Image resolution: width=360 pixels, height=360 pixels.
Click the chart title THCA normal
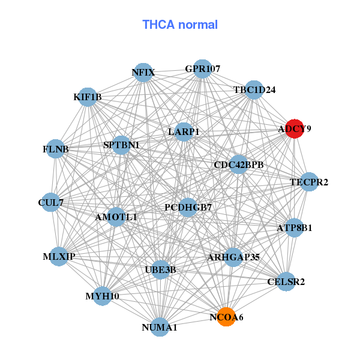(x=180, y=25)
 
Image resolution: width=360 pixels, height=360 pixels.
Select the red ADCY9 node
(x=294, y=128)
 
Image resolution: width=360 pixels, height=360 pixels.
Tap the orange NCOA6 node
(x=226, y=317)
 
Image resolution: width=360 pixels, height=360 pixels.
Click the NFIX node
(x=143, y=73)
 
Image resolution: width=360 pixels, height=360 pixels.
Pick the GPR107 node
(x=203, y=69)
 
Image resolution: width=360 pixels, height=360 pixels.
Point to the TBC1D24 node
(x=254, y=90)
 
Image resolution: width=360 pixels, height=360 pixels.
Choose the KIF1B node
(x=88, y=97)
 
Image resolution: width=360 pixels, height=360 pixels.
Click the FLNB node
(x=56, y=149)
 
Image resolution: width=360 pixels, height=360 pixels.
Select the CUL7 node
(x=50, y=202)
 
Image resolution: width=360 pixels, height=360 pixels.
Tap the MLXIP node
(x=59, y=256)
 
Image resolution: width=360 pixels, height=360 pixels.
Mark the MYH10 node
(x=102, y=296)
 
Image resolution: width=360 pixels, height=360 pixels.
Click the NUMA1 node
(x=160, y=327)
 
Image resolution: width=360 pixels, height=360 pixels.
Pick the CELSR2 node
(x=286, y=281)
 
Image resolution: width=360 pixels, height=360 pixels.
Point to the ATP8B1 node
(x=294, y=228)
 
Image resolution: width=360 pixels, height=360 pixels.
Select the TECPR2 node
(x=309, y=182)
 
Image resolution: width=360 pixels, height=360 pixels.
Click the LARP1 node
(x=184, y=131)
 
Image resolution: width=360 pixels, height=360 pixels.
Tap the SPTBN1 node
(x=121, y=145)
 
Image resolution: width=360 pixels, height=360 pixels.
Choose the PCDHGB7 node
(x=188, y=208)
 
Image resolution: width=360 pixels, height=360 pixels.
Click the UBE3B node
(x=161, y=269)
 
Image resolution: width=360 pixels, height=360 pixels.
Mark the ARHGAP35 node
(x=233, y=257)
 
